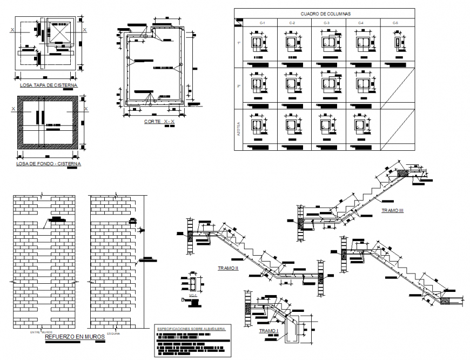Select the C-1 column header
tap(261, 23)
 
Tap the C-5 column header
tap(396, 23)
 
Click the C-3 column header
tap(327, 23)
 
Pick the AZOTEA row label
tap(238, 129)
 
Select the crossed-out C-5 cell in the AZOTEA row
tap(398, 129)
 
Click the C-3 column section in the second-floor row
tap(327, 83)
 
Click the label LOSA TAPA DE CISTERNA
tap(48, 85)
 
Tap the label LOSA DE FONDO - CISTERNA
tap(49, 163)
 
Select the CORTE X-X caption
tap(159, 122)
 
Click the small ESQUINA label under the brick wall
tap(113, 333)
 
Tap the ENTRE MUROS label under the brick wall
tap(41, 332)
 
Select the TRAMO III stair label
tap(392, 210)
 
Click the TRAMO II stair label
tap(228, 268)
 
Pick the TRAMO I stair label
tap(268, 331)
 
